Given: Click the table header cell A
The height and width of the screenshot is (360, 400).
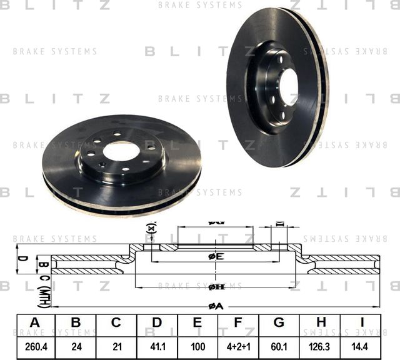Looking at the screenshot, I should (x=35, y=322).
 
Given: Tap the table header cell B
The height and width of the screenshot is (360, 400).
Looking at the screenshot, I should (x=76, y=322).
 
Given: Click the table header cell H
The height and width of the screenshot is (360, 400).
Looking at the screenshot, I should (x=320, y=322).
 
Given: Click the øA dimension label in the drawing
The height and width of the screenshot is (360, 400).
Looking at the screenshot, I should (x=216, y=306).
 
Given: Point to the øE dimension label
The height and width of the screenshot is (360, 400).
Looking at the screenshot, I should (x=216, y=256).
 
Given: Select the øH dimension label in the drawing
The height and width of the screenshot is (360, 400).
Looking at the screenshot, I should (x=216, y=287).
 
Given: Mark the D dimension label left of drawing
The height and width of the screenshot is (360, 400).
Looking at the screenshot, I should (x=20, y=258).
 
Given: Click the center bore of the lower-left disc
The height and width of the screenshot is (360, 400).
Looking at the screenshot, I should (x=121, y=150).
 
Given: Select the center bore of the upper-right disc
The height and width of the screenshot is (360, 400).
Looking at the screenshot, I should (x=289, y=87).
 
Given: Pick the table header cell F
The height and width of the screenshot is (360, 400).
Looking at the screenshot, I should (x=238, y=322).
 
